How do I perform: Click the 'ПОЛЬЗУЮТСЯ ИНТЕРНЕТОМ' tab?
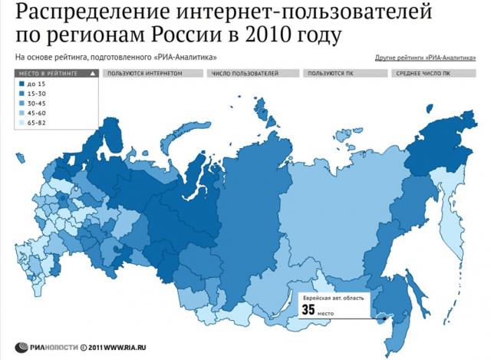point(145,74)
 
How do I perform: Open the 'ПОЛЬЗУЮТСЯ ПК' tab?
point(333,74)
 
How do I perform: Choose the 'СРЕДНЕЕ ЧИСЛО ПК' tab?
point(423,74)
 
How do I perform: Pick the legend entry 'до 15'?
point(36,84)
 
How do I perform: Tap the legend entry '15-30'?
point(37,93)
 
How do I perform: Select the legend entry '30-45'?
point(37,103)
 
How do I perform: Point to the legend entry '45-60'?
point(37,112)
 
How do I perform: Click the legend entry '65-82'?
point(37,122)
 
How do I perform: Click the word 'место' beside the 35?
point(329,312)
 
